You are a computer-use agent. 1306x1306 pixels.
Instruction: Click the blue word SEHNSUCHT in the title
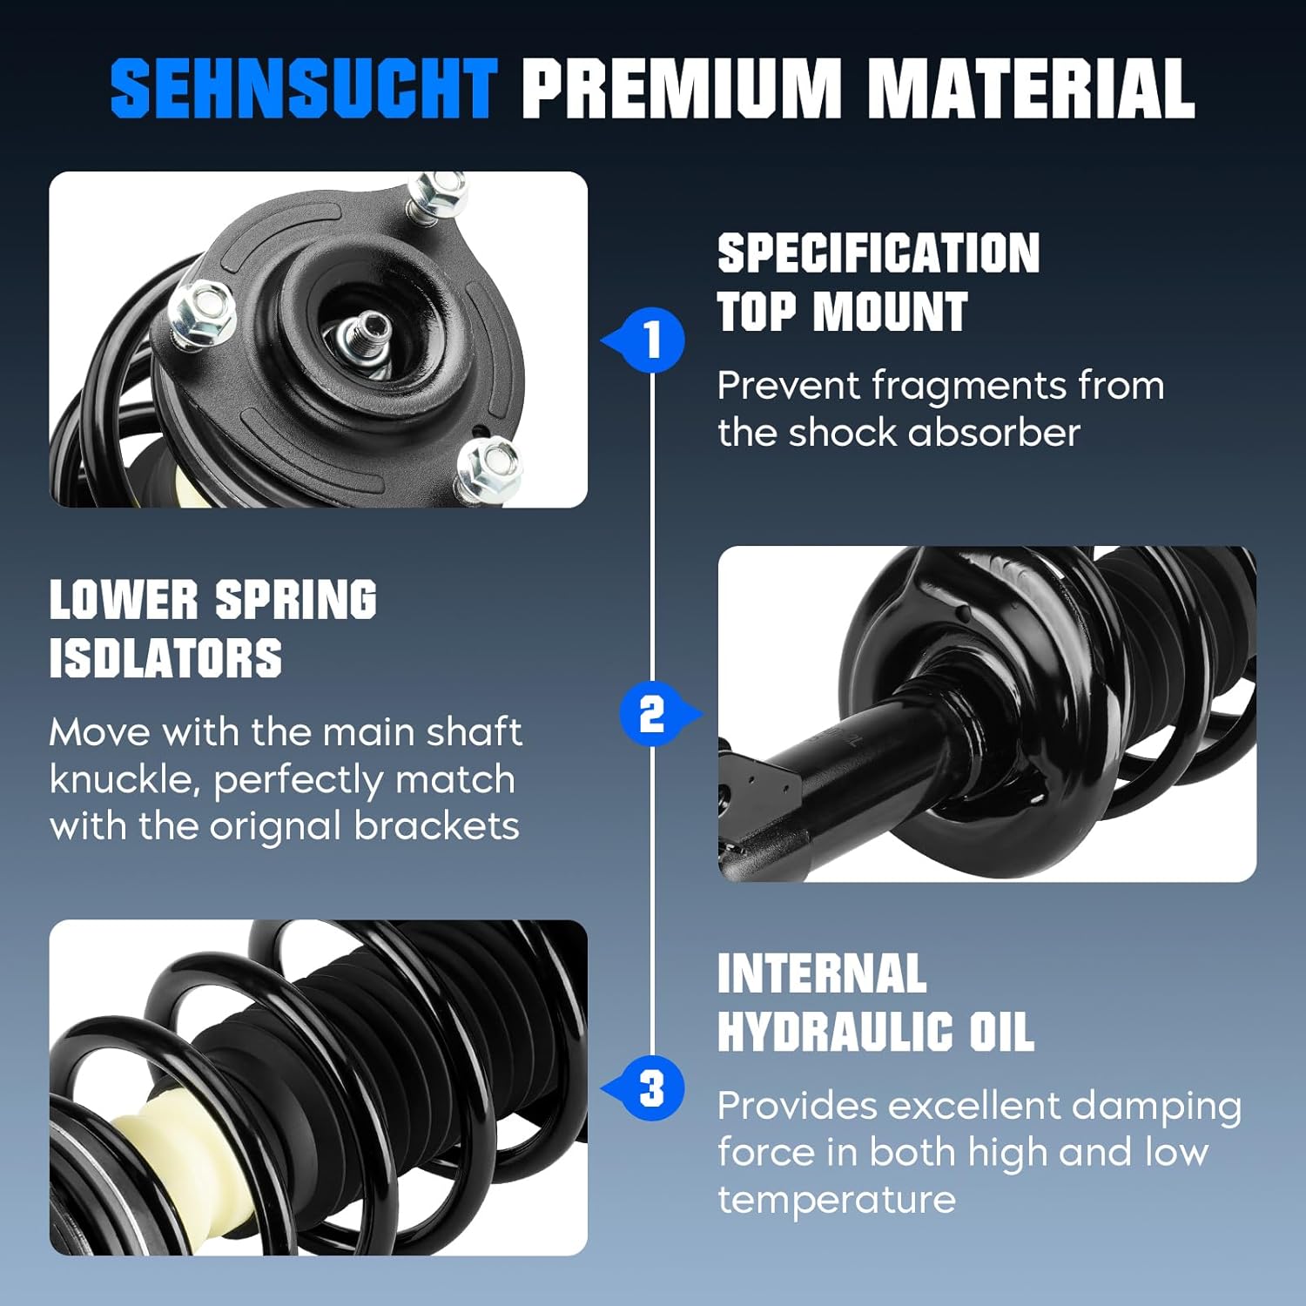click(x=304, y=88)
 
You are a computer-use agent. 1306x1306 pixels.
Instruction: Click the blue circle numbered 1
click(x=653, y=340)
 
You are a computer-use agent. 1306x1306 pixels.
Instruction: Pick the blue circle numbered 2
click(x=651, y=714)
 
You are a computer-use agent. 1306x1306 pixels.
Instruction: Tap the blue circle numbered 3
click(x=653, y=1088)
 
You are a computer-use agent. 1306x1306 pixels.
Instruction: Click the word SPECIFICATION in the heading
click(x=879, y=253)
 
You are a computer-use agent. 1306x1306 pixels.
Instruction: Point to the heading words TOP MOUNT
click(x=842, y=312)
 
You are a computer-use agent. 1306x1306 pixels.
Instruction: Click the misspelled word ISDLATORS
click(x=165, y=658)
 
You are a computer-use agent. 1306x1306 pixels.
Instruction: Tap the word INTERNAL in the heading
click(x=822, y=973)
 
